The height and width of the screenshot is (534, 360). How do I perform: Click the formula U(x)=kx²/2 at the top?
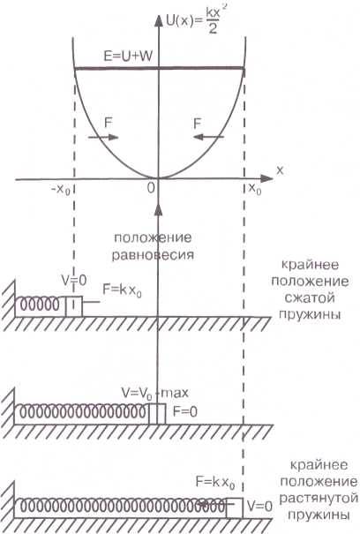point(193,23)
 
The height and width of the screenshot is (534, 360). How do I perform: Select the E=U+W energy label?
point(128,56)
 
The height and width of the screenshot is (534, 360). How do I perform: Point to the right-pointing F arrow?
point(103,137)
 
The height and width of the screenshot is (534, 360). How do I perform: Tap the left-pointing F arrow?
point(208,137)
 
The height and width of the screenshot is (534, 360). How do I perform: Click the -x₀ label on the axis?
point(60,190)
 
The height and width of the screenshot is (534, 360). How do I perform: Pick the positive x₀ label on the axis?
point(255,188)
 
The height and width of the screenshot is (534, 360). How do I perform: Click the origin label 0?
point(151,188)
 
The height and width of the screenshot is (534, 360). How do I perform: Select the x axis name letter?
point(280,170)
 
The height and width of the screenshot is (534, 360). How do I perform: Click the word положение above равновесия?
point(153,237)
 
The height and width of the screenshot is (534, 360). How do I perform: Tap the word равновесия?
point(153,255)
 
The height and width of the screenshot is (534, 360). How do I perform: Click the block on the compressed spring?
point(74,306)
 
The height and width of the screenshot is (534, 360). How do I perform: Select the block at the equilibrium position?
point(157,414)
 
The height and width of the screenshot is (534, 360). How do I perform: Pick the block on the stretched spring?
point(235,508)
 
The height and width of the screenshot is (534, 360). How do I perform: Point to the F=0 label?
point(185,411)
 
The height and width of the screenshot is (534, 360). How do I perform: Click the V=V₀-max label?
point(155,394)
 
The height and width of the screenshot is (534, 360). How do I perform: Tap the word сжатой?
point(310,298)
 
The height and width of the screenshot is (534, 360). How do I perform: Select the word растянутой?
point(319,498)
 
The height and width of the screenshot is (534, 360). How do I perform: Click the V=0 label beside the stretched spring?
point(260,507)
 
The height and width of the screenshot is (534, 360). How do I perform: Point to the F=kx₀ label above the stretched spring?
point(215,483)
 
